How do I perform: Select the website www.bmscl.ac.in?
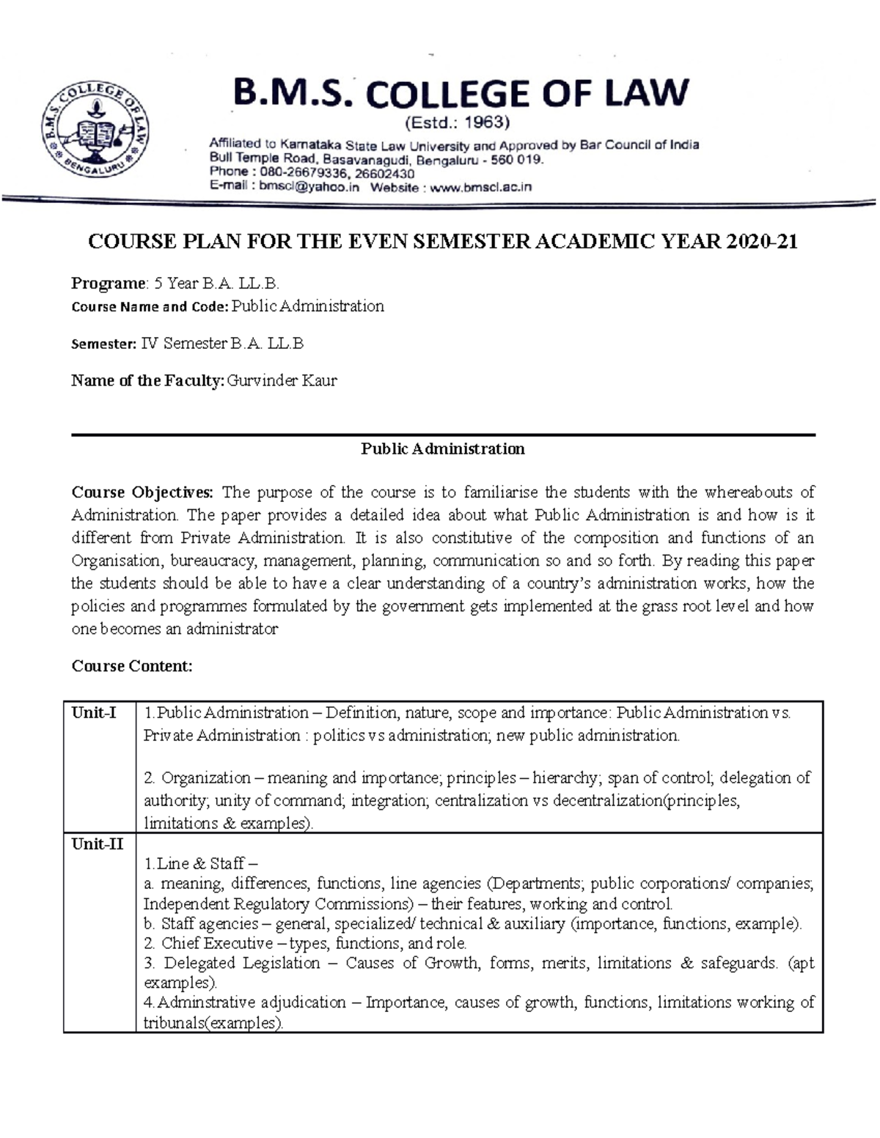(480, 188)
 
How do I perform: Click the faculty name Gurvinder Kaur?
(282, 380)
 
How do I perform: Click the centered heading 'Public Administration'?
(442, 449)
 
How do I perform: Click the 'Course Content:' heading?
(131, 666)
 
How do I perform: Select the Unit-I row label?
(93, 712)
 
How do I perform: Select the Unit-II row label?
(97, 844)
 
